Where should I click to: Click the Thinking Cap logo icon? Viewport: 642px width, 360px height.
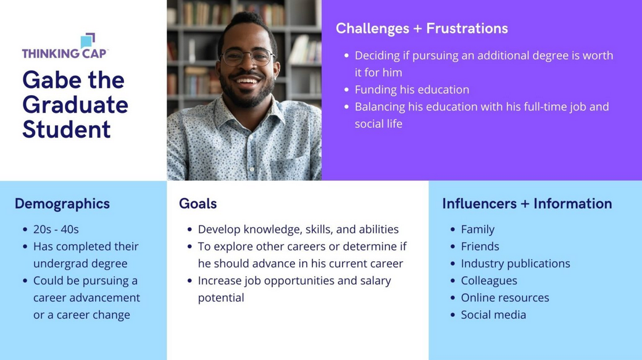[88, 40]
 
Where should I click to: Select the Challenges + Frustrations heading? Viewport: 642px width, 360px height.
[422, 28]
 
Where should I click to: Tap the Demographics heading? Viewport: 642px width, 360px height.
[62, 204]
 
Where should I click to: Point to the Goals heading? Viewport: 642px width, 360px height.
[198, 204]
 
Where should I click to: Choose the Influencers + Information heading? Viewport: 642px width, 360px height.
[527, 204]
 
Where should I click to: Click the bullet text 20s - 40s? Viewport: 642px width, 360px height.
[56, 229]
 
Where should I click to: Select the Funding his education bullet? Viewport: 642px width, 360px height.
[412, 90]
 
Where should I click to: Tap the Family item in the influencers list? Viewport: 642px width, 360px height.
[478, 229]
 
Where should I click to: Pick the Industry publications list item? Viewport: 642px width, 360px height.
[515, 264]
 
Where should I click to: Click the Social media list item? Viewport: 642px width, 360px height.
[493, 315]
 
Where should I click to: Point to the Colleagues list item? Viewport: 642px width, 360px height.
[489, 281]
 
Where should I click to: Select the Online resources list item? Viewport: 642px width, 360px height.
[505, 298]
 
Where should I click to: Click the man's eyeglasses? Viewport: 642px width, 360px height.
[248, 57]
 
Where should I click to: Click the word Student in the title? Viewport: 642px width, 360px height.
[66, 130]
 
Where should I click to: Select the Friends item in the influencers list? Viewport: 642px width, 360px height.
[480, 246]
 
